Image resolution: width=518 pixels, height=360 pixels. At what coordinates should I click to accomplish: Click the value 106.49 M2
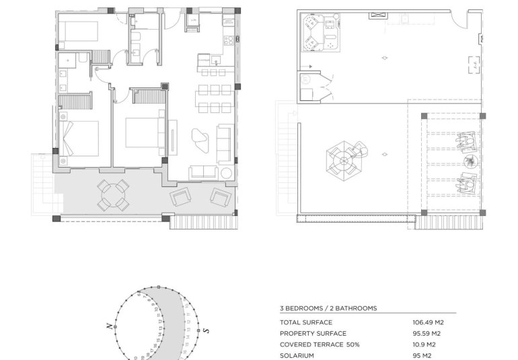427,322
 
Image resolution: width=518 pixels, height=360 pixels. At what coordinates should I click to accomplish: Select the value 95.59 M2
427,333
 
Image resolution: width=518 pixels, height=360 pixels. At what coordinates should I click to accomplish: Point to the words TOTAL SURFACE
306,322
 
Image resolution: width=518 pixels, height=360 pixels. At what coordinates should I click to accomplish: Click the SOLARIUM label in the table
298,355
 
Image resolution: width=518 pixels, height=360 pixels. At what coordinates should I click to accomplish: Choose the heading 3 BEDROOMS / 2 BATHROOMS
328,308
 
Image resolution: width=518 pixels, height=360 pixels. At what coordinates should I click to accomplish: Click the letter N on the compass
109,326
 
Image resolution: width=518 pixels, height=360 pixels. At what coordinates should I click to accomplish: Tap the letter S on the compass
206,330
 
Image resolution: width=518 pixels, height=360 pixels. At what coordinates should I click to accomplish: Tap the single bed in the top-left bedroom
78,32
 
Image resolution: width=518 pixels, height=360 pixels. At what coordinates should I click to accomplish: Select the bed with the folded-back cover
79,137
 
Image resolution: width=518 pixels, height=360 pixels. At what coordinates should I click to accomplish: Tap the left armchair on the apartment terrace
180,196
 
